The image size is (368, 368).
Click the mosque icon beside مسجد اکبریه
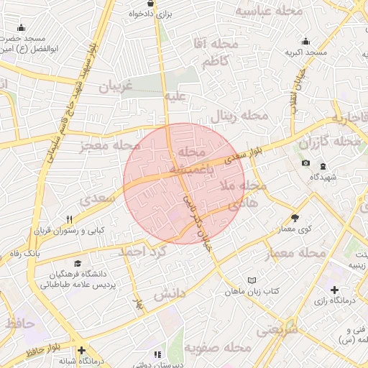(x=306, y=42)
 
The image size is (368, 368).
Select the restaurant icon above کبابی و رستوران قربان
(x=69, y=219)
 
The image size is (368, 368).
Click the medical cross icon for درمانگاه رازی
(x=336, y=290)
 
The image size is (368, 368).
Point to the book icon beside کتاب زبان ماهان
(x=251, y=280)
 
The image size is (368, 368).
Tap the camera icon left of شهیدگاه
(x=306, y=163)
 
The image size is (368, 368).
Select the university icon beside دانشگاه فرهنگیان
(x=75, y=264)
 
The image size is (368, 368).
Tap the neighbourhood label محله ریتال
(x=239, y=116)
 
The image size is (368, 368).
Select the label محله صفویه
(x=218, y=347)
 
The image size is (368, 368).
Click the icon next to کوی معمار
(x=295, y=218)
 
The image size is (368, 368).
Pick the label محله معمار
(x=295, y=253)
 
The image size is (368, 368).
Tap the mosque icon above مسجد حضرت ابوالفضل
(x=22, y=28)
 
